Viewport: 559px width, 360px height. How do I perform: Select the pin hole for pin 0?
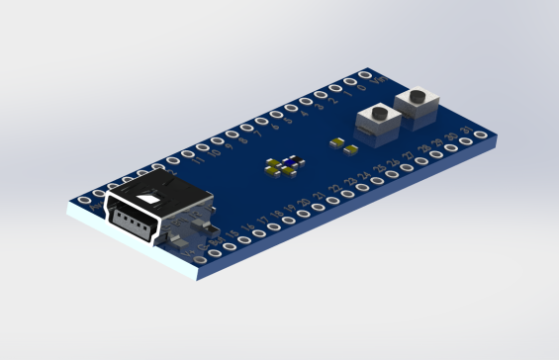(349, 82)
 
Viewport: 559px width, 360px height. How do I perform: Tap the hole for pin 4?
(290, 109)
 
